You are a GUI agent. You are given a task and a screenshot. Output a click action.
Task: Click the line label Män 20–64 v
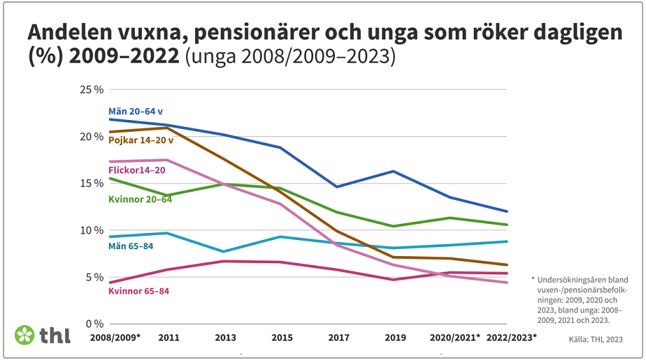(136, 112)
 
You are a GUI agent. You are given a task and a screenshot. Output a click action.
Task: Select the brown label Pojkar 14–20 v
(140, 140)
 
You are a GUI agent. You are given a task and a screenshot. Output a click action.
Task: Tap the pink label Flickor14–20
(137, 170)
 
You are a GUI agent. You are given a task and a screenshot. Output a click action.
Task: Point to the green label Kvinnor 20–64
(140, 199)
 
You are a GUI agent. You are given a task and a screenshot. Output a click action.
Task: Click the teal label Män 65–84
(131, 246)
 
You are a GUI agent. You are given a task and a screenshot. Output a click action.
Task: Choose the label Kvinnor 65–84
(138, 291)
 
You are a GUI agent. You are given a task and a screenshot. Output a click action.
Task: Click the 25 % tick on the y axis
(93, 90)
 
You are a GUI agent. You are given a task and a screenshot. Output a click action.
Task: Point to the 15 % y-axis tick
(93, 183)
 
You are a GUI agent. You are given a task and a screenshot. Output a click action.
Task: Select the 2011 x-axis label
(169, 338)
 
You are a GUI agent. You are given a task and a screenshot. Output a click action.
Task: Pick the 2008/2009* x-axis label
(115, 338)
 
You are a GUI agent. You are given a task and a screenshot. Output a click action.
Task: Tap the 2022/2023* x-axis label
(511, 338)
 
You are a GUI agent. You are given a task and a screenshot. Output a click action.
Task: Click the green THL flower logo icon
(25, 335)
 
